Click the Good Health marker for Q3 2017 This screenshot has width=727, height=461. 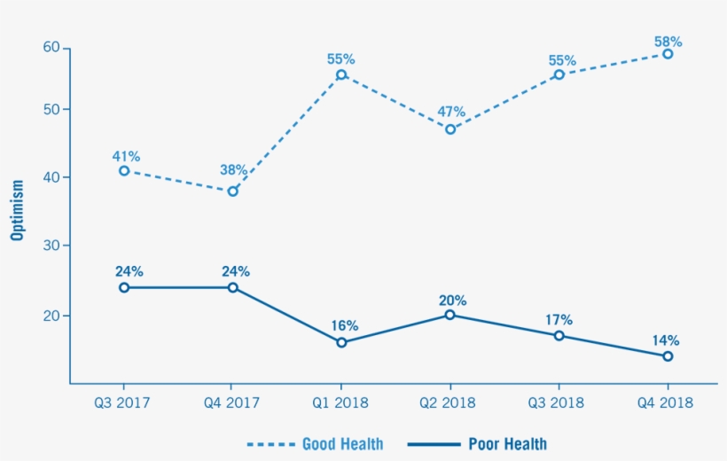click(x=124, y=170)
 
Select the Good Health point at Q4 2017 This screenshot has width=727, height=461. click(x=233, y=191)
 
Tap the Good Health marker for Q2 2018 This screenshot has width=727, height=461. click(x=450, y=129)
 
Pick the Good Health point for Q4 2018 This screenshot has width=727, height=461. click(x=668, y=54)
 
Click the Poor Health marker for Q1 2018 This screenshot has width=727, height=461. click(x=341, y=342)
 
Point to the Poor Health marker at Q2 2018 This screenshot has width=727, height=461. click(x=450, y=315)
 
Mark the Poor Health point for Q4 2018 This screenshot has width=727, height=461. click(x=668, y=356)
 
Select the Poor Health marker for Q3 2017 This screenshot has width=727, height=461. click(x=124, y=287)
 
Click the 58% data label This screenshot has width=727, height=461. click(x=668, y=41)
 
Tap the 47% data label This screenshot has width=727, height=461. click(x=450, y=112)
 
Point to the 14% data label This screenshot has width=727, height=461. click(x=666, y=340)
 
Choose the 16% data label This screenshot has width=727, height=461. click(x=341, y=325)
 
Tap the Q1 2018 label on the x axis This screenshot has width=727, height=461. click(x=341, y=402)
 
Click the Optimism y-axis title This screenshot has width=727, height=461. click(x=17, y=210)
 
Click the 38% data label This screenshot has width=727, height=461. click(x=233, y=169)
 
